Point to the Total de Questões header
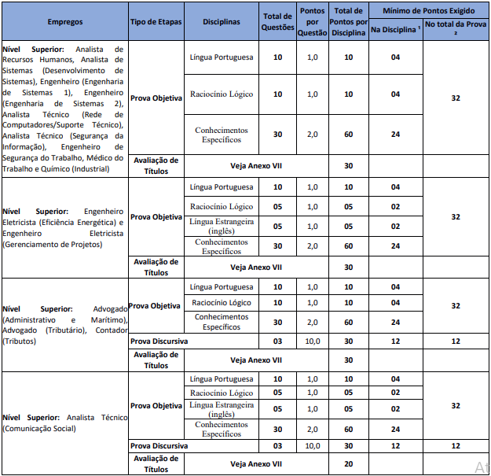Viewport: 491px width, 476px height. [x=277, y=22]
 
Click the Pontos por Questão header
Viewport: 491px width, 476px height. [x=313, y=22]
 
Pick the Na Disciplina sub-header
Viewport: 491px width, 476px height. [x=395, y=30]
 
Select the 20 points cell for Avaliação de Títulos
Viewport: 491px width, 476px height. [x=348, y=463]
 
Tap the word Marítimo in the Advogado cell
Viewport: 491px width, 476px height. [x=107, y=320]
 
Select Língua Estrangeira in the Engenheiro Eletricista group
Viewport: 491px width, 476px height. [x=222, y=226]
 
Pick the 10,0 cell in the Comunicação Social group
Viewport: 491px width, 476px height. [x=313, y=446]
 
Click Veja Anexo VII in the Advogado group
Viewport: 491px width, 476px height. [x=255, y=360]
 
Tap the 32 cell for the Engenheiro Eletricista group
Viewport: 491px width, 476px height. [x=455, y=216]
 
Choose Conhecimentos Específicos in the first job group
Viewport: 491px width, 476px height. [x=222, y=135]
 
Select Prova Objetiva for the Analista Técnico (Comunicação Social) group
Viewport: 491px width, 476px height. [x=156, y=406]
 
